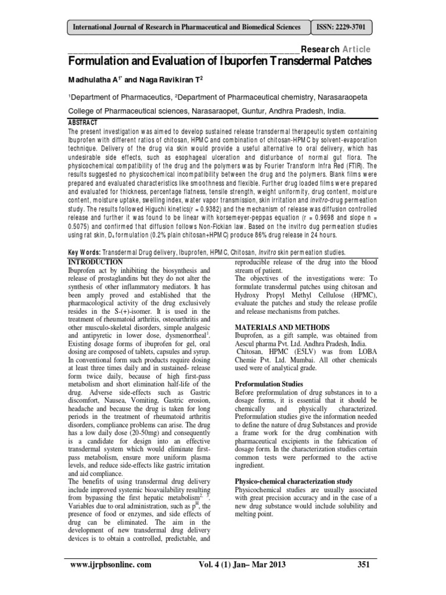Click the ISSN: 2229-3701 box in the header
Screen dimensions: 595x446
[340, 27]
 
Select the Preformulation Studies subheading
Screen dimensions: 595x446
[268, 383]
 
